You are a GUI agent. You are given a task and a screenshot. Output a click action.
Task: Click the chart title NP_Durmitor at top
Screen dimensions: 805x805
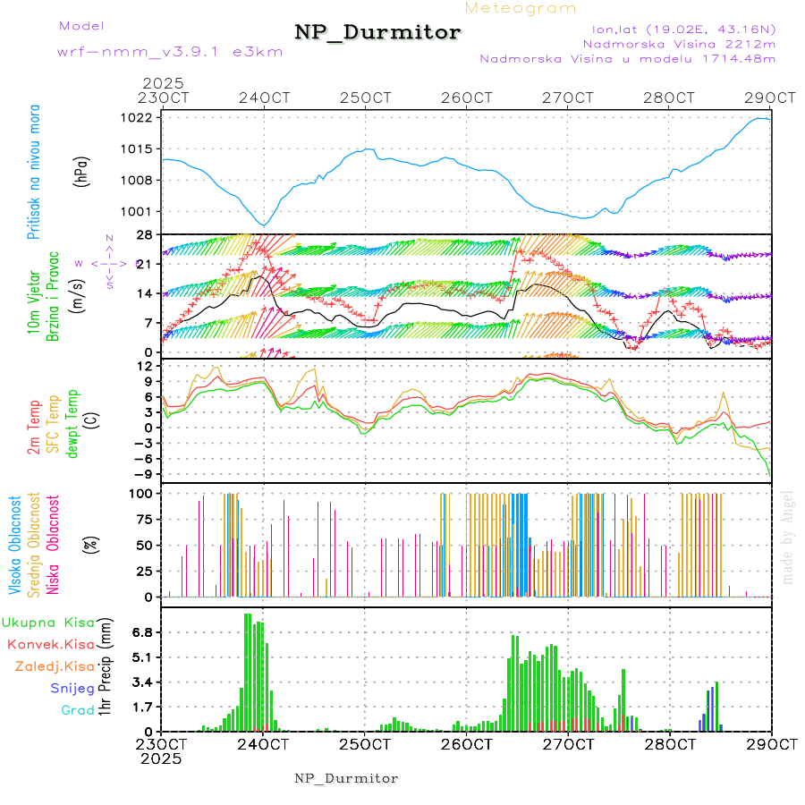point(377,33)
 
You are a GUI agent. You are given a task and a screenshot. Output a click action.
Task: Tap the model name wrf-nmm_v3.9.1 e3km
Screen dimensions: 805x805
point(170,52)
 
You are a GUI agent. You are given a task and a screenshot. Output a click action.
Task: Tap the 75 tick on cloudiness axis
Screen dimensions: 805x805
point(144,519)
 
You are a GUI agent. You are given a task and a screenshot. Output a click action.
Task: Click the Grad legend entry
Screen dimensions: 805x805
point(78,710)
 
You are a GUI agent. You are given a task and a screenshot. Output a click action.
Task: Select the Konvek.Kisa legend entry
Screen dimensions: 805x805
point(50,644)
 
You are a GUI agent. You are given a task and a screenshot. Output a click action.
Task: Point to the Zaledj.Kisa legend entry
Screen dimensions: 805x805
point(55,665)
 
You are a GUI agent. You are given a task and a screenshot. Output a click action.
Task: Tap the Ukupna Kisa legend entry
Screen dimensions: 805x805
point(48,622)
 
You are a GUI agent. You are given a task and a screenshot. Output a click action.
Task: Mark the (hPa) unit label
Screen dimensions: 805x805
point(81,172)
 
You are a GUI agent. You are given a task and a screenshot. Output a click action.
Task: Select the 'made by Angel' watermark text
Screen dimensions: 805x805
point(788,537)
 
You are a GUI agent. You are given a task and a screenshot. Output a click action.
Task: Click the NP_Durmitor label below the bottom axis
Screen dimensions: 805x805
point(346,778)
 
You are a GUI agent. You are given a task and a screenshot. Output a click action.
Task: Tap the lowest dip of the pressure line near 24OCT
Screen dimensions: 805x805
point(263,225)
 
